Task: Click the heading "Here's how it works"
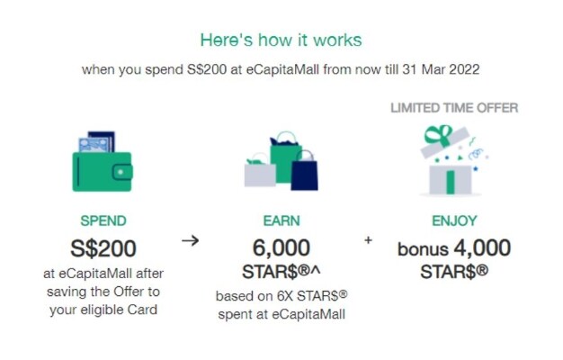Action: (281, 40)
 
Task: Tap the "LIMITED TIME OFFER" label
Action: (453, 108)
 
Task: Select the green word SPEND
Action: (103, 220)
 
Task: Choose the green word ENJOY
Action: (453, 220)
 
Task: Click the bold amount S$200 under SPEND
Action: (103, 247)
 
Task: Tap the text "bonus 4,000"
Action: (453, 247)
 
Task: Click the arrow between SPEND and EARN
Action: (190, 240)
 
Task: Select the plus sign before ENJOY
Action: (368, 240)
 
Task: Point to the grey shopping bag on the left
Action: (259, 174)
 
